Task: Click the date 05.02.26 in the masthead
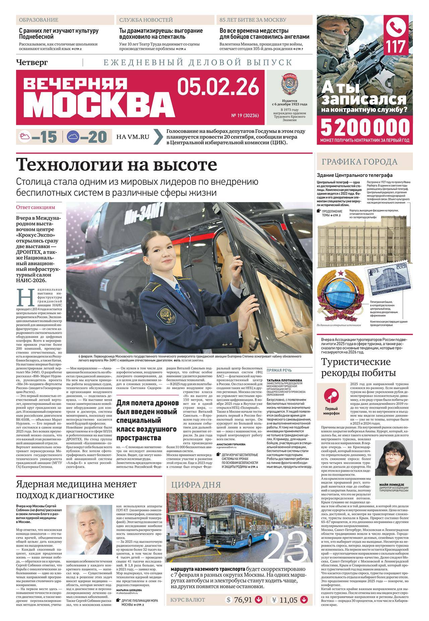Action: click(x=218, y=87)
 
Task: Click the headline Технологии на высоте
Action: click(x=117, y=164)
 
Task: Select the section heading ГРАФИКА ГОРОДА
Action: click(x=360, y=162)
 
